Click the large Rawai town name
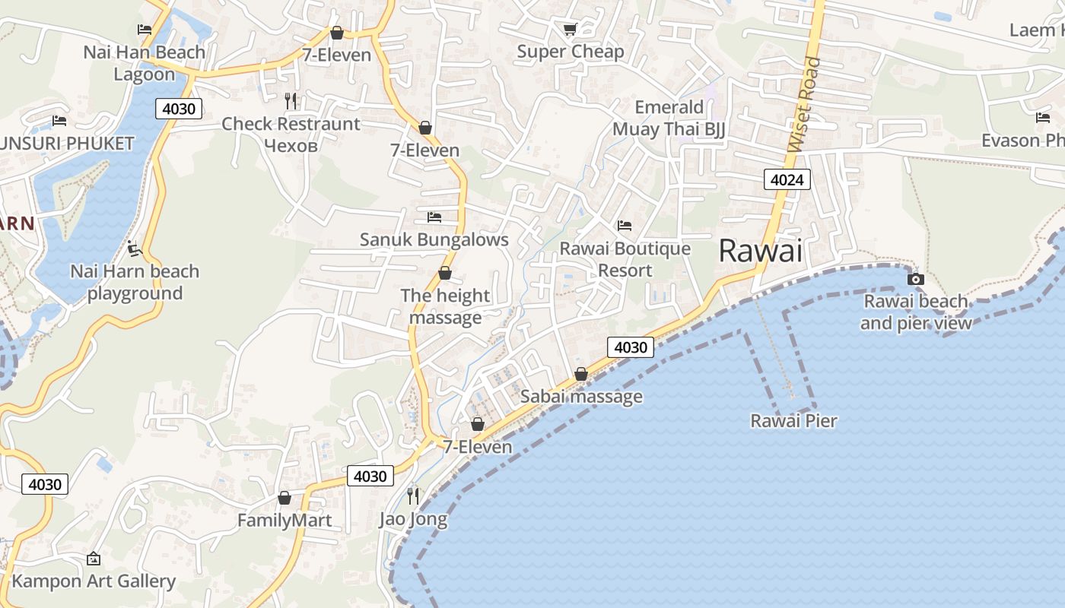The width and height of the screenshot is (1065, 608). click(x=761, y=251)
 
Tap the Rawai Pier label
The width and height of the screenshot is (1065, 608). click(x=793, y=421)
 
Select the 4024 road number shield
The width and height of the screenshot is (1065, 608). click(x=787, y=180)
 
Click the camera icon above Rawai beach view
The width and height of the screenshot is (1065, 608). click(x=916, y=279)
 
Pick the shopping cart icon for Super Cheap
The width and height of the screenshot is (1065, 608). click(x=570, y=29)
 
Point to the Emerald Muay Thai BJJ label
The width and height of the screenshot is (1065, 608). click(x=669, y=118)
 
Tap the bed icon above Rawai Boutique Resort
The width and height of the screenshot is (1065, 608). click(x=625, y=226)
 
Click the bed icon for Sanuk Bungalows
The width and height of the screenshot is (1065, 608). click(x=434, y=217)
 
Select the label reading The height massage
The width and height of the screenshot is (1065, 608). click(x=445, y=306)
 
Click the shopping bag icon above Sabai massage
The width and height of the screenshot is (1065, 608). click(x=581, y=374)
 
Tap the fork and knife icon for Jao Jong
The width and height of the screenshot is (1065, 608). click(x=413, y=496)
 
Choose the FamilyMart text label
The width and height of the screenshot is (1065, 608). click(x=285, y=521)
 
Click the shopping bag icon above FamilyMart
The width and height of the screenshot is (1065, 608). click(x=285, y=498)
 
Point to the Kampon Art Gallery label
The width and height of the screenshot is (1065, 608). click(x=94, y=581)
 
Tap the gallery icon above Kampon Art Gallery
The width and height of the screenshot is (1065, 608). click(x=94, y=559)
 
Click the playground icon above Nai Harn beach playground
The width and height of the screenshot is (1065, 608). click(x=135, y=249)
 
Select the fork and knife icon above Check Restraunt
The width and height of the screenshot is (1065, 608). click(x=291, y=101)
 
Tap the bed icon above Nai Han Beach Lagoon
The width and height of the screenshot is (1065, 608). click(x=145, y=30)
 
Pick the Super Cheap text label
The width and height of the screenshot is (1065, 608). click(x=570, y=52)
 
